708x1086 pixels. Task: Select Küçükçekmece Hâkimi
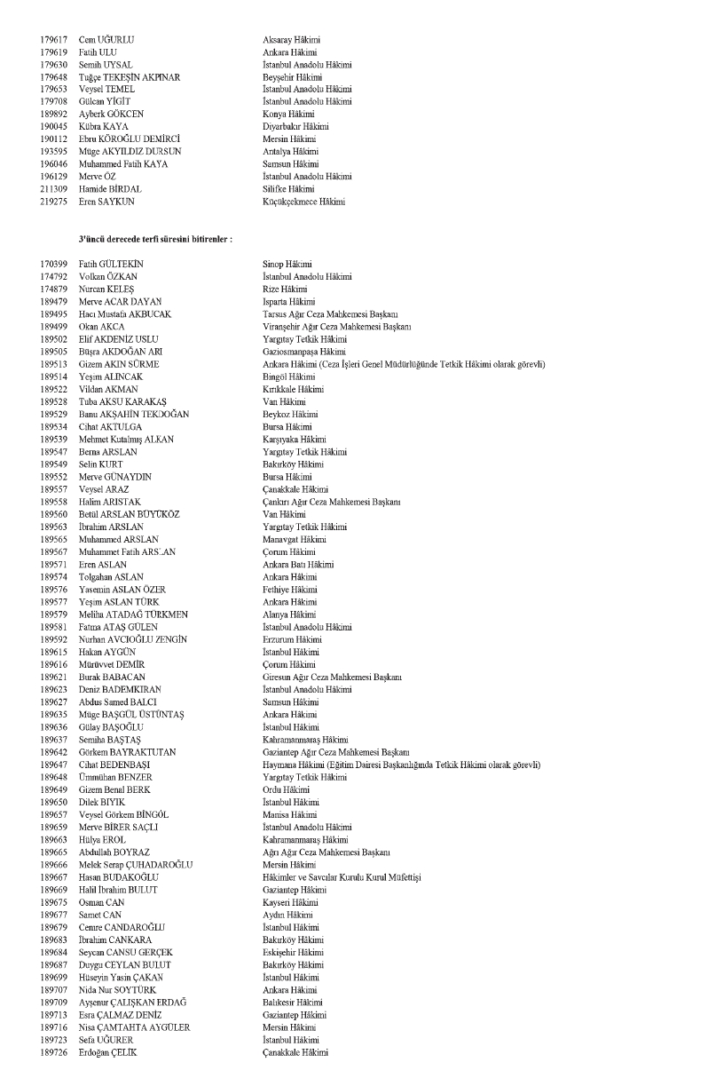[x=304, y=202]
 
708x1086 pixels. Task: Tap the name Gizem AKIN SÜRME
[x=119, y=364]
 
